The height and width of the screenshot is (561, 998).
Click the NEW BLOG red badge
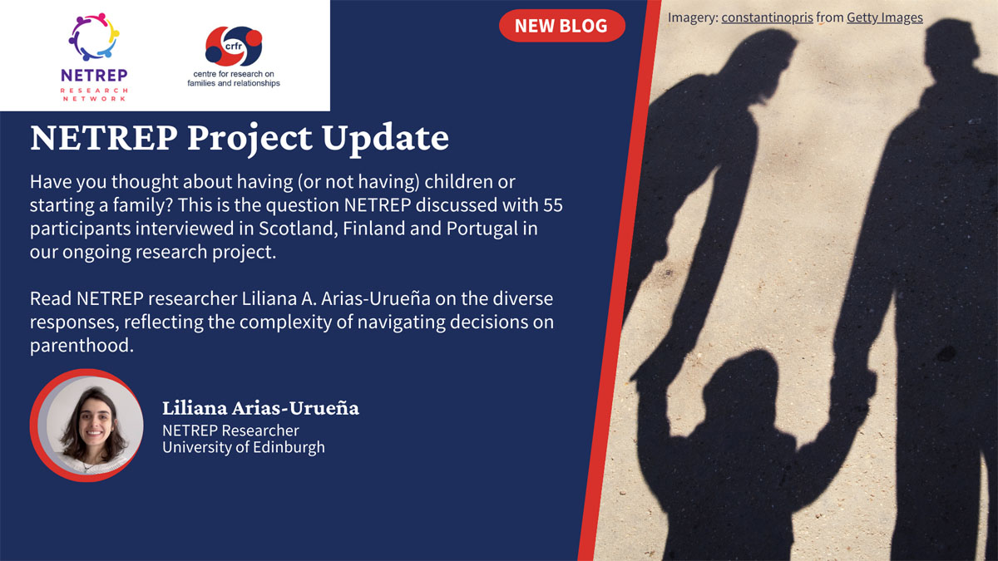point(561,26)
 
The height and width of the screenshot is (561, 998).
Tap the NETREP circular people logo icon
point(94,37)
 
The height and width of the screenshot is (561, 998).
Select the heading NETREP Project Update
point(240,138)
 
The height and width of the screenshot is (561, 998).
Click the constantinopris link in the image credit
point(767,17)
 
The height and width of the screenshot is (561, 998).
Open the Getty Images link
point(884,17)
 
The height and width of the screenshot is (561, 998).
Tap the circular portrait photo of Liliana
point(86,425)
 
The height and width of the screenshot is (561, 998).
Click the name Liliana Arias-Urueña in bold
point(260,409)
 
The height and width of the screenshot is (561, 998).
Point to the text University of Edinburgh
point(244,447)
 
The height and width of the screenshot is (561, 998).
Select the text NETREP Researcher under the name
point(230,430)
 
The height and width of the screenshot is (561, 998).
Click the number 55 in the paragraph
point(553,204)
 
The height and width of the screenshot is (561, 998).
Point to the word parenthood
point(82,345)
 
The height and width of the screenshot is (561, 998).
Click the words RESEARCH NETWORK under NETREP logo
point(95,94)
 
